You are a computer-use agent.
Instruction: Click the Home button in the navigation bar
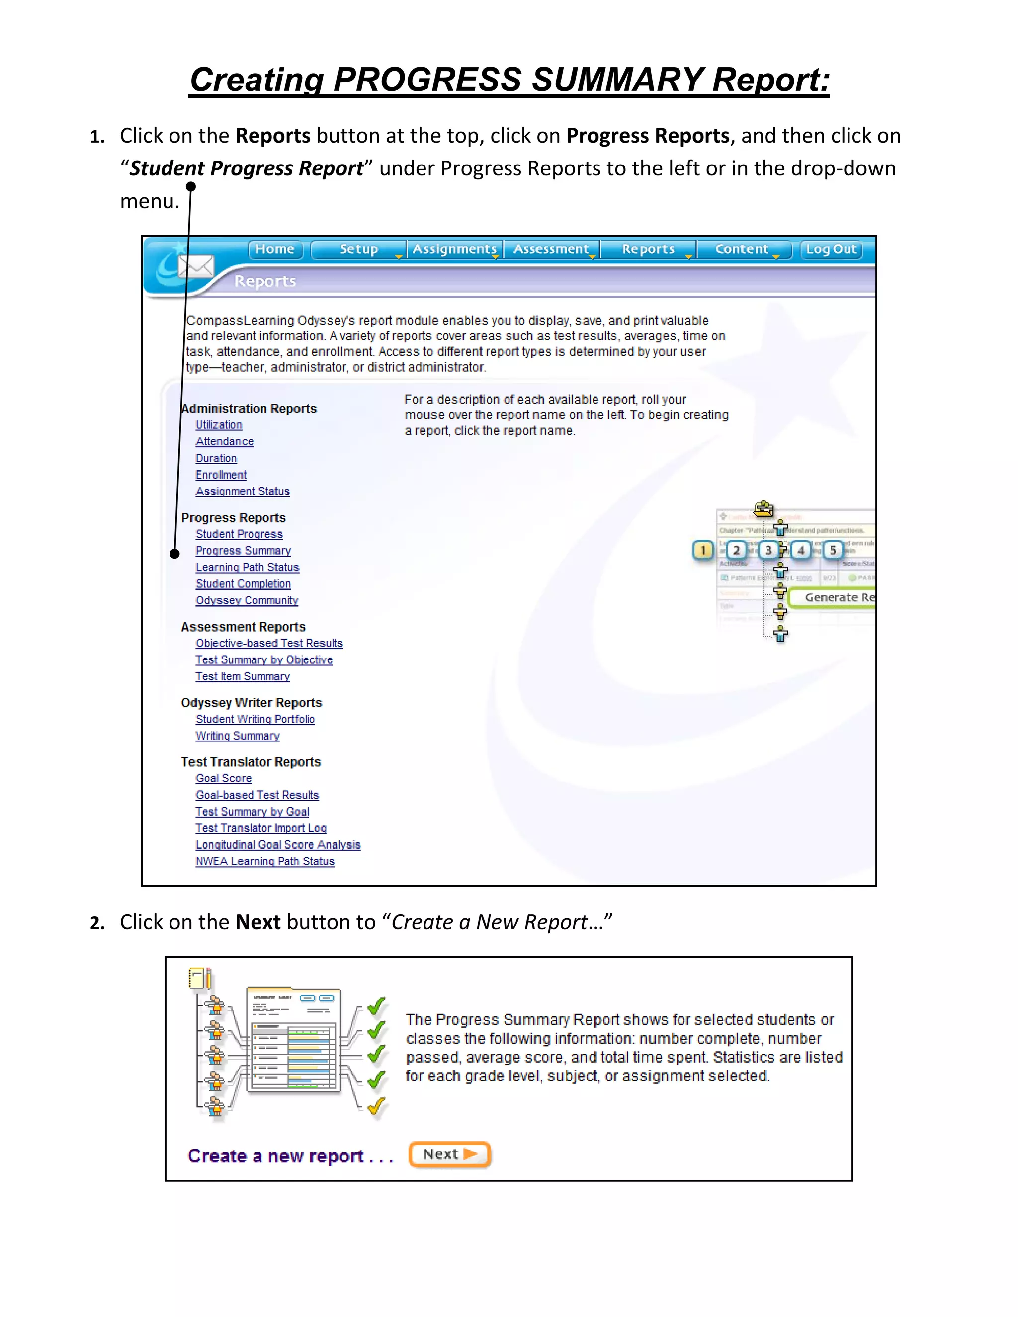[275, 249]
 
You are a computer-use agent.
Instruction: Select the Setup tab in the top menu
[359, 249]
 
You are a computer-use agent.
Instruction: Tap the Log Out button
[831, 249]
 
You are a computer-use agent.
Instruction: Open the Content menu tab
[743, 249]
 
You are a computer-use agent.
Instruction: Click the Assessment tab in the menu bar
[551, 249]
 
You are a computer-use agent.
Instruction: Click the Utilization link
[219, 425]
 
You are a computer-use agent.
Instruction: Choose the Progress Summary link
[243, 551]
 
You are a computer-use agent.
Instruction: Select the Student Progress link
[239, 534]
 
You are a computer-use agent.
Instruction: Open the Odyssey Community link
[247, 601]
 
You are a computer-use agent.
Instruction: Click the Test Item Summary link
[243, 676]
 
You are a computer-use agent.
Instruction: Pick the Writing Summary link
[238, 736]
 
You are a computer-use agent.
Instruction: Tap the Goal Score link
[223, 778]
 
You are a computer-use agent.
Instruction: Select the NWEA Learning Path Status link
[265, 862]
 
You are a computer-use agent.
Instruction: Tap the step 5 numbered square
[833, 550]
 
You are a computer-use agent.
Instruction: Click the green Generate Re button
[835, 597]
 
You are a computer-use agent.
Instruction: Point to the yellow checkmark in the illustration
[376, 1106]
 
